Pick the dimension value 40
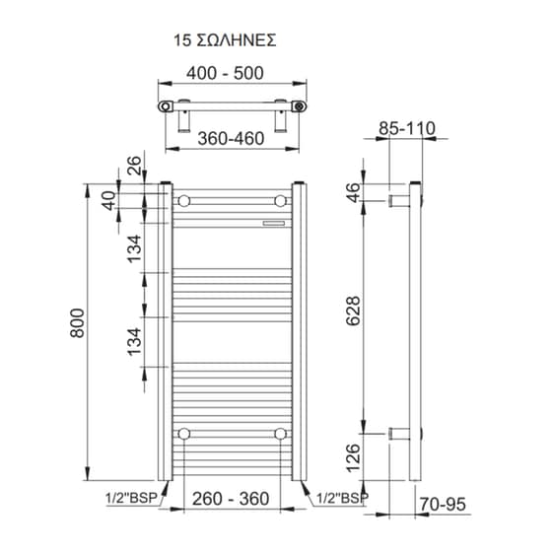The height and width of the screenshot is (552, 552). tap(109, 200)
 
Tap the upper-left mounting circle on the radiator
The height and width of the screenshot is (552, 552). tap(183, 201)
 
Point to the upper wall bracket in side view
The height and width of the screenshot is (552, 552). tap(399, 201)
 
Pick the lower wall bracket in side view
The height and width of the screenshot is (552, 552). tap(399, 434)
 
